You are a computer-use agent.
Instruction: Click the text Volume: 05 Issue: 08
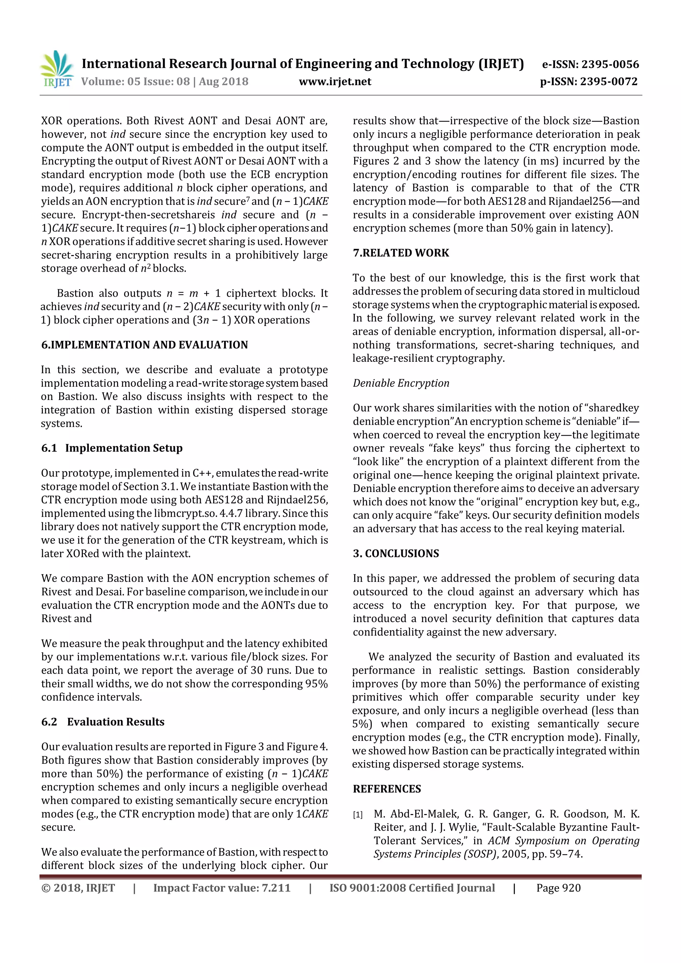[x=135, y=82]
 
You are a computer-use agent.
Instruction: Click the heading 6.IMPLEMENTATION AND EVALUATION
[x=145, y=345]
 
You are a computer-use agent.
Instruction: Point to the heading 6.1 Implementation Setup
[x=112, y=448]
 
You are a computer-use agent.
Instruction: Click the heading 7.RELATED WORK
[x=401, y=253]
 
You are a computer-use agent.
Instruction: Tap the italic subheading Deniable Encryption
[x=401, y=383]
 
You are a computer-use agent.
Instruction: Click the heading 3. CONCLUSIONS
[x=396, y=553]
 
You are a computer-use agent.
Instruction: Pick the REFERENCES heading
[x=387, y=789]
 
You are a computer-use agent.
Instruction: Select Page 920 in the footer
[x=558, y=888]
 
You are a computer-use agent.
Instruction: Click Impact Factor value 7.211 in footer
[x=222, y=888]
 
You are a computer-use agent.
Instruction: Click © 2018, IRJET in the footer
[x=78, y=888]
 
